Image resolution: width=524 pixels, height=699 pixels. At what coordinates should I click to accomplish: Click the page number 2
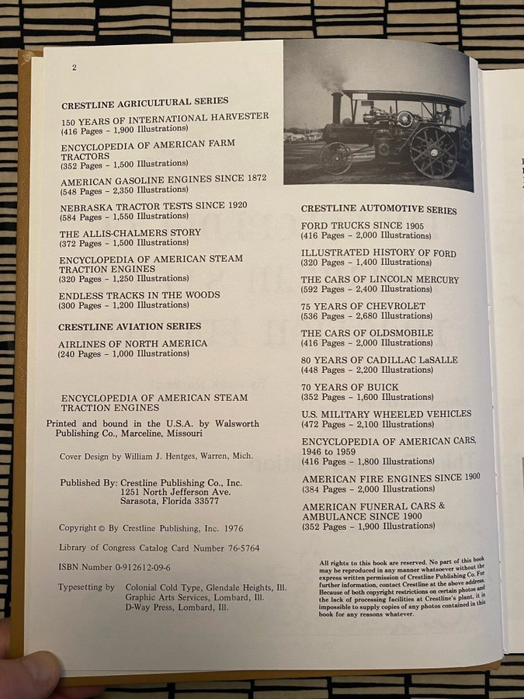click(x=74, y=68)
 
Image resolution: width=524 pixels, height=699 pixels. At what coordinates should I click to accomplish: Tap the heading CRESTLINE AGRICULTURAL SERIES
click(x=144, y=101)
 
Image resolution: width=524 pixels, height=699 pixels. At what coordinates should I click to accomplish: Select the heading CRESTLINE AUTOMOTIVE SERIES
click(x=379, y=210)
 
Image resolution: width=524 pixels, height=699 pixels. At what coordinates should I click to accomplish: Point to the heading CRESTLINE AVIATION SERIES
click(x=130, y=327)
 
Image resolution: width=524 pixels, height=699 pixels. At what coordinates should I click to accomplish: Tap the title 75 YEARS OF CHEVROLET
click(x=363, y=306)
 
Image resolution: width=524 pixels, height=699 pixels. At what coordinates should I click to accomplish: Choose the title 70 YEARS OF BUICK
click(x=350, y=387)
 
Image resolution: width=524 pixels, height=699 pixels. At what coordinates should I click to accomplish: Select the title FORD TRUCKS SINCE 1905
click(x=363, y=226)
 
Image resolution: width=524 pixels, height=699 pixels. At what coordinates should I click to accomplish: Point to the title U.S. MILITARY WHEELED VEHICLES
click(x=386, y=414)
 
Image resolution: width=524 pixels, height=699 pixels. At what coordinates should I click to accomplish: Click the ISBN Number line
click(x=114, y=568)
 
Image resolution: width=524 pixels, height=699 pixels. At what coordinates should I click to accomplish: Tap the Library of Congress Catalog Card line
click(x=159, y=548)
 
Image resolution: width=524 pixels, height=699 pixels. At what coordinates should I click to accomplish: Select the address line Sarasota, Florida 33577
click(x=175, y=501)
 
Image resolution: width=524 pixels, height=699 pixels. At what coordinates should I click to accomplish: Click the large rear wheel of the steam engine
click(x=433, y=151)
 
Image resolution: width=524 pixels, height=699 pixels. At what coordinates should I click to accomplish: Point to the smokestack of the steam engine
click(x=337, y=108)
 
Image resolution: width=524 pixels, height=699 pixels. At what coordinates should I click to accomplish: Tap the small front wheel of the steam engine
click(x=336, y=158)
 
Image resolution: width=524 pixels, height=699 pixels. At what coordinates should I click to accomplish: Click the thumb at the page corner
click(x=31, y=670)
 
